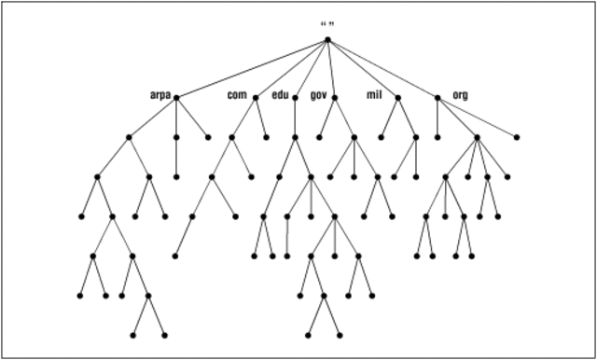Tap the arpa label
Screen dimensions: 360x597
tap(160, 95)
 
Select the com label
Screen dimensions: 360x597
tap(237, 95)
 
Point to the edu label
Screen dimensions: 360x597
tap(281, 95)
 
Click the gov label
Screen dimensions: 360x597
tap(318, 95)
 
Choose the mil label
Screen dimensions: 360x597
tap(375, 95)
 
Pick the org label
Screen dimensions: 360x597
tap(460, 95)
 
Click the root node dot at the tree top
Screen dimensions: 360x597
tap(327, 39)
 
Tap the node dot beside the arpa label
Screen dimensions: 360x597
tap(176, 97)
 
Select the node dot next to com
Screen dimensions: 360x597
tap(255, 97)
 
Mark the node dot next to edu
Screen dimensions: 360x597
tap(295, 97)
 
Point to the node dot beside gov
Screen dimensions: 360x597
tap(334, 97)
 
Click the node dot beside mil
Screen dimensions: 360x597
tap(398, 97)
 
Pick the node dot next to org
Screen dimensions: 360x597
tap(437, 97)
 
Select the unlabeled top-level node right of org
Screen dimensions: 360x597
tap(517, 137)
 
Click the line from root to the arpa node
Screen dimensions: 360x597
tap(252, 68)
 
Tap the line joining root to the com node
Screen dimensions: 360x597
tap(291, 68)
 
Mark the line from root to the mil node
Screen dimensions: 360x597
tap(363, 68)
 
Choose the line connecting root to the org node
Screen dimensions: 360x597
tap(382, 68)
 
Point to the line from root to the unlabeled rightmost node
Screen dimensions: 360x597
tap(422, 88)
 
